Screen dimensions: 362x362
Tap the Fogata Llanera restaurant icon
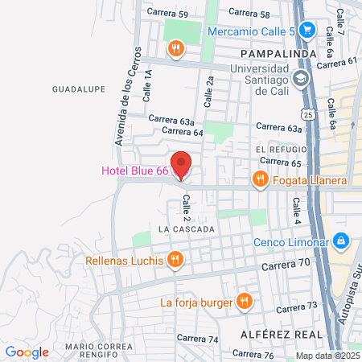coord(259,179)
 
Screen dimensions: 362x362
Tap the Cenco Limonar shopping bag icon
coord(341,241)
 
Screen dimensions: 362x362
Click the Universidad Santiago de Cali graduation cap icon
coord(300,79)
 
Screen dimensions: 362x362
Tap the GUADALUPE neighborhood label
coord(79,88)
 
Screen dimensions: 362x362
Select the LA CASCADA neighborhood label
coord(187,229)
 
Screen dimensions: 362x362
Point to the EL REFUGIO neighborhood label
coord(282,150)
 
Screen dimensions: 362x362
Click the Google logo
coord(27,352)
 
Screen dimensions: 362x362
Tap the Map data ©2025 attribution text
coord(327,356)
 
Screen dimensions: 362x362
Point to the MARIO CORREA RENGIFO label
coord(98,351)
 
